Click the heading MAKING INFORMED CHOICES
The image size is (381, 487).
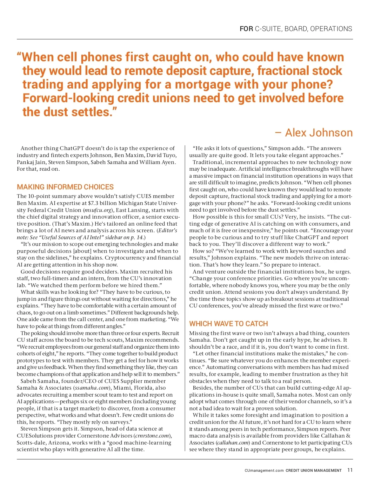coord(65,187)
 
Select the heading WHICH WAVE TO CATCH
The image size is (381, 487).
coord(228,324)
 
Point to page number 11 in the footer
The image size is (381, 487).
coord(350,470)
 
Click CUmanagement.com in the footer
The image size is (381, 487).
coord(264,471)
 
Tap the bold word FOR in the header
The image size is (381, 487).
coord(246,29)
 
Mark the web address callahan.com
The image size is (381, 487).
coord(232,443)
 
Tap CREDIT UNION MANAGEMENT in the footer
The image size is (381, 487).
coord(314,471)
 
